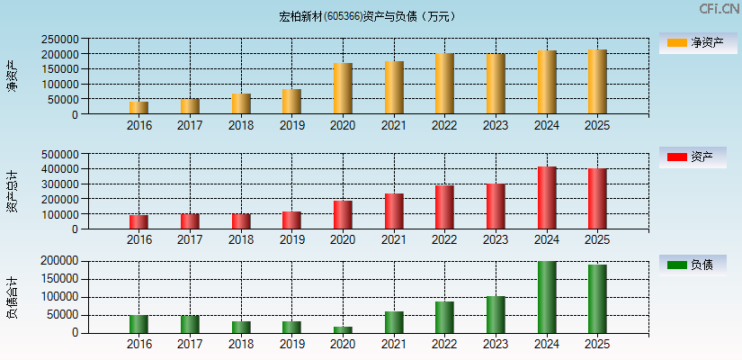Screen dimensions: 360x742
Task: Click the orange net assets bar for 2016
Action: tap(139, 108)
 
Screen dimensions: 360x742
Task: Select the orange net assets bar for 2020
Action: tap(343, 88)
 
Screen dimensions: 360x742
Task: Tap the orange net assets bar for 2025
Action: tap(597, 82)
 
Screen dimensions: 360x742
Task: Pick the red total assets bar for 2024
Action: tap(547, 198)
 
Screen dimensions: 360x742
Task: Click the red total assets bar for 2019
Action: tap(291, 220)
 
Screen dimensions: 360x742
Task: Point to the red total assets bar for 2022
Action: tap(444, 207)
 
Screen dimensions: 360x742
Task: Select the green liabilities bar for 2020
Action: tap(343, 329)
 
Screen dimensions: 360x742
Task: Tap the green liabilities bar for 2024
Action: tap(547, 297)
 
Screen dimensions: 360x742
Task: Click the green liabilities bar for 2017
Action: tap(190, 324)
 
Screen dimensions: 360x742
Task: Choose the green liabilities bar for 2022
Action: tap(444, 317)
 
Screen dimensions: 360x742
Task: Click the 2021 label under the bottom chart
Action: tap(394, 345)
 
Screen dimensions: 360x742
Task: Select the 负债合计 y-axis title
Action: tap(12, 297)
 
